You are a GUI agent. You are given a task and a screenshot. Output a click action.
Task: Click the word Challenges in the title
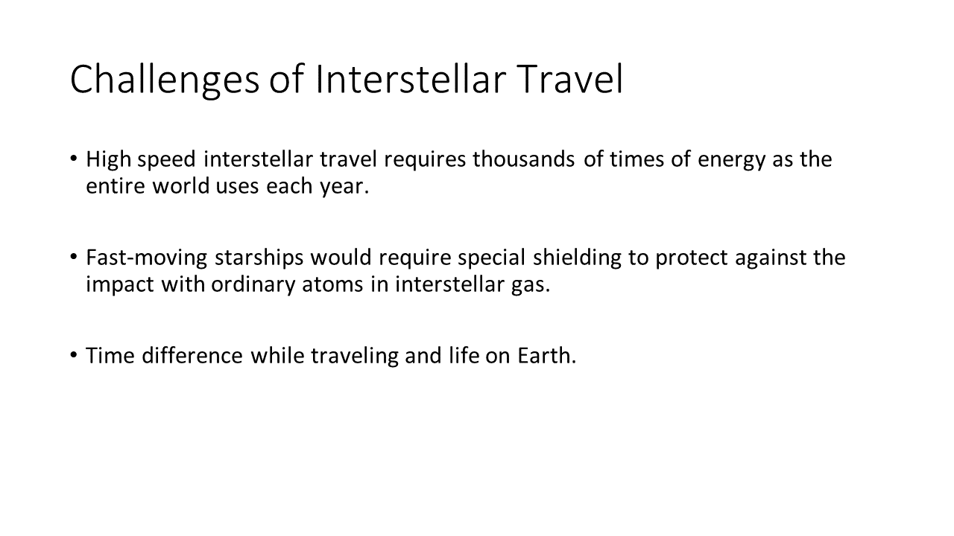pos(165,80)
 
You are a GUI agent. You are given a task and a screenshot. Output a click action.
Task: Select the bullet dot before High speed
pos(74,159)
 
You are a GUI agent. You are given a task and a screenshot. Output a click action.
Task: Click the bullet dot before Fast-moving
pos(74,257)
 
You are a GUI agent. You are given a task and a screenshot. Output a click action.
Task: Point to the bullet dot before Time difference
pos(74,355)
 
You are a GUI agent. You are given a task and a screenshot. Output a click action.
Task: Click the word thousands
pos(523,159)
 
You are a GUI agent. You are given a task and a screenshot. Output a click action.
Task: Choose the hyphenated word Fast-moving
pos(147,258)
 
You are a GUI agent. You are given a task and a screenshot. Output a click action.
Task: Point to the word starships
pos(259,258)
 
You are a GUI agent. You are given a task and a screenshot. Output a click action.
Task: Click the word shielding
pos(577,258)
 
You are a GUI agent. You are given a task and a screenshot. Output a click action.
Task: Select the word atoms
pos(332,285)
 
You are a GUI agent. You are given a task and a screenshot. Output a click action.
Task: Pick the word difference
pos(192,356)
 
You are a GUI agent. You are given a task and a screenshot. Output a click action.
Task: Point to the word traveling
pos(355,357)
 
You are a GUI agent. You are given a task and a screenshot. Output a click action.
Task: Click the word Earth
pos(547,356)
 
